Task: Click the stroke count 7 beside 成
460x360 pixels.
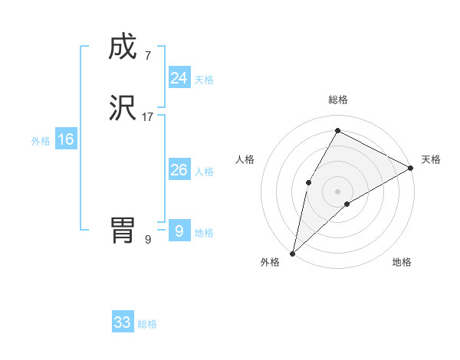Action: [x=147, y=56]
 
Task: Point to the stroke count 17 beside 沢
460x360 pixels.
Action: [x=148, y=117]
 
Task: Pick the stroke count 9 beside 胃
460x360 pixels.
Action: [x=148, y=239]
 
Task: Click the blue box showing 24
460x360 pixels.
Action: [x=179, y=78]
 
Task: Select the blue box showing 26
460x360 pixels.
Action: [x=179, y=170]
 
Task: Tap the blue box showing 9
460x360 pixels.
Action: [x=179, y=231]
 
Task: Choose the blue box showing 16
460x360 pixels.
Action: [x=66, y=139]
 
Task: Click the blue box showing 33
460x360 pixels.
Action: [x=123, y=322]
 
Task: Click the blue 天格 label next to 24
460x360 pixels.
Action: [x=204, y=80]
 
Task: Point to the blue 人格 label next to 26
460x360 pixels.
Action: [x=204, y=172]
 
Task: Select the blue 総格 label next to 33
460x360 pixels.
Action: [x=147, y=324]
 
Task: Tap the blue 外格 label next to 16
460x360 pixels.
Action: [x=41, y=141]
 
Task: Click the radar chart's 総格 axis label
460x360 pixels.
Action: [x=337, y=100]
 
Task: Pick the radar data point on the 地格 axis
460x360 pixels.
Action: [x=347, y=204]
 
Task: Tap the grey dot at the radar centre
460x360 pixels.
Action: [x=337, y=191]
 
